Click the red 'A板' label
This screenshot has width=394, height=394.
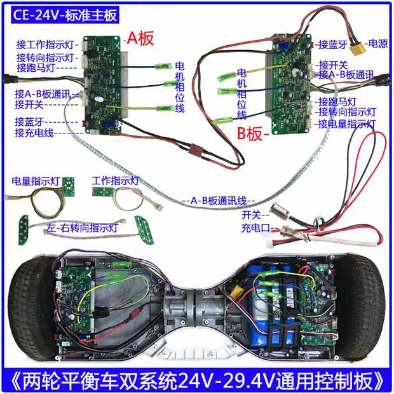[x=140, y=38]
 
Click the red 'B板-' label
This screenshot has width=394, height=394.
[x=254, y=134]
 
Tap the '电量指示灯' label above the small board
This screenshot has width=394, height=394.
[x=35, y=181]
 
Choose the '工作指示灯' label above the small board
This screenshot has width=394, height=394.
[x=116, y=180]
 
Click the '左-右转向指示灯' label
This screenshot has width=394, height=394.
[x=82, y=227]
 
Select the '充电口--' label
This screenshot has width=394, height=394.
[x=256, y=227]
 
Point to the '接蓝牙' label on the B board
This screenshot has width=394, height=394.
[x=332, y=44]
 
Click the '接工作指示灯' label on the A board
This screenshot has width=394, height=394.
[x=46, y=44]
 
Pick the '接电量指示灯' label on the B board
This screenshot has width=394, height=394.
[x=347, y=123]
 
